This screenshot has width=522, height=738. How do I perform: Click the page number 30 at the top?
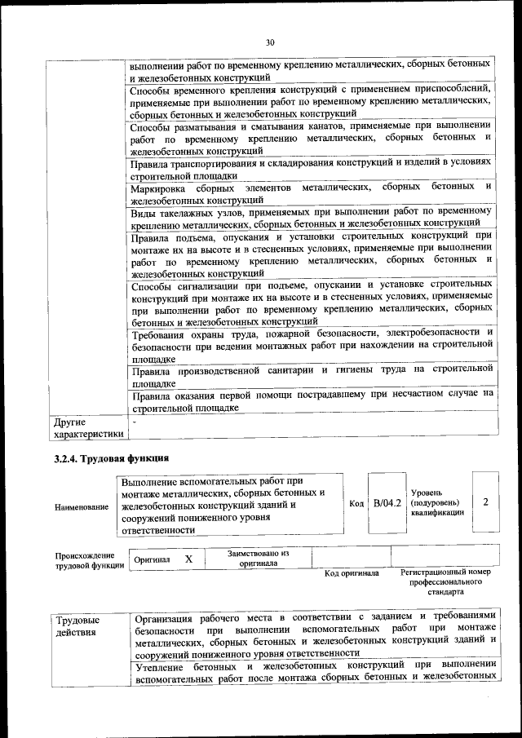[270, 42]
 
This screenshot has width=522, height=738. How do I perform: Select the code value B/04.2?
[387, 503]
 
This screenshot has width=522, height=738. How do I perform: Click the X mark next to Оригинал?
[188, 559]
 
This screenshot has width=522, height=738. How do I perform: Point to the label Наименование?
[82, 507]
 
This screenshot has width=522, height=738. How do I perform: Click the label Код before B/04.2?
[356, 504]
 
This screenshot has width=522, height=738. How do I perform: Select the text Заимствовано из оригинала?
[258, 559]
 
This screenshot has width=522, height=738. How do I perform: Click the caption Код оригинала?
[352, 573]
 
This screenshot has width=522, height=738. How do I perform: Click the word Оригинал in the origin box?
[153, 560]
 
